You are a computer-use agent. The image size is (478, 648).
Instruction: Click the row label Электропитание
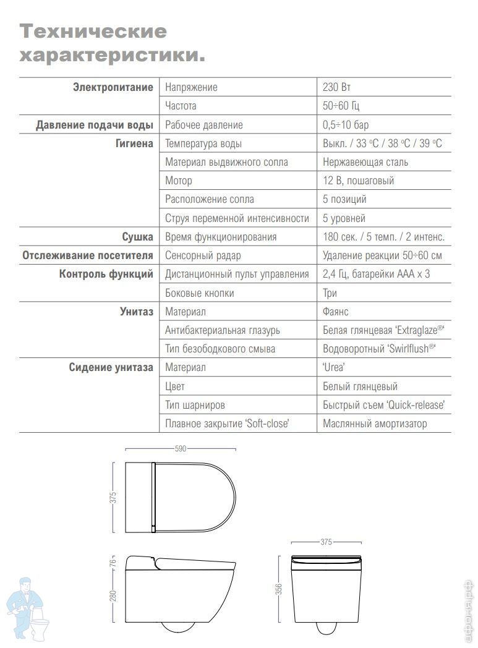click(113, 87)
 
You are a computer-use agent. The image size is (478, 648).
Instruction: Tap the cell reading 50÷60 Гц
click(341, 106)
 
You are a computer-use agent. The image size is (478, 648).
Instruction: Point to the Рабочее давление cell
click(204, 125)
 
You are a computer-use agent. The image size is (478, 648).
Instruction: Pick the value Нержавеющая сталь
click(365, 162)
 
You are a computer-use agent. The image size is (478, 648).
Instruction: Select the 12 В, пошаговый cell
click(358, 181)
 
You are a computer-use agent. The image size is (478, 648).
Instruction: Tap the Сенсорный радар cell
click(203, 255)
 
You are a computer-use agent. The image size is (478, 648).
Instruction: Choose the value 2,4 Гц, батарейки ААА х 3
click(377, 274)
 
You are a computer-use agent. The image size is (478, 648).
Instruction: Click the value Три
click(330, 293)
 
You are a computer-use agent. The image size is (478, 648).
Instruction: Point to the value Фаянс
click(336, 312)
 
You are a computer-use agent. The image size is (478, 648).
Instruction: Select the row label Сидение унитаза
click(111, 367)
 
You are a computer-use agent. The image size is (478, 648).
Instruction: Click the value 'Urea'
click(334, 367)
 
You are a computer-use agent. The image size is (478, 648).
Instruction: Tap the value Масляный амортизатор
click(375, 424)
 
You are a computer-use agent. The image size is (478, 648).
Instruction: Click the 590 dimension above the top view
click(180, 449)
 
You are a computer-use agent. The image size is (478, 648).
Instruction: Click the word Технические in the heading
click(93, 31)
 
